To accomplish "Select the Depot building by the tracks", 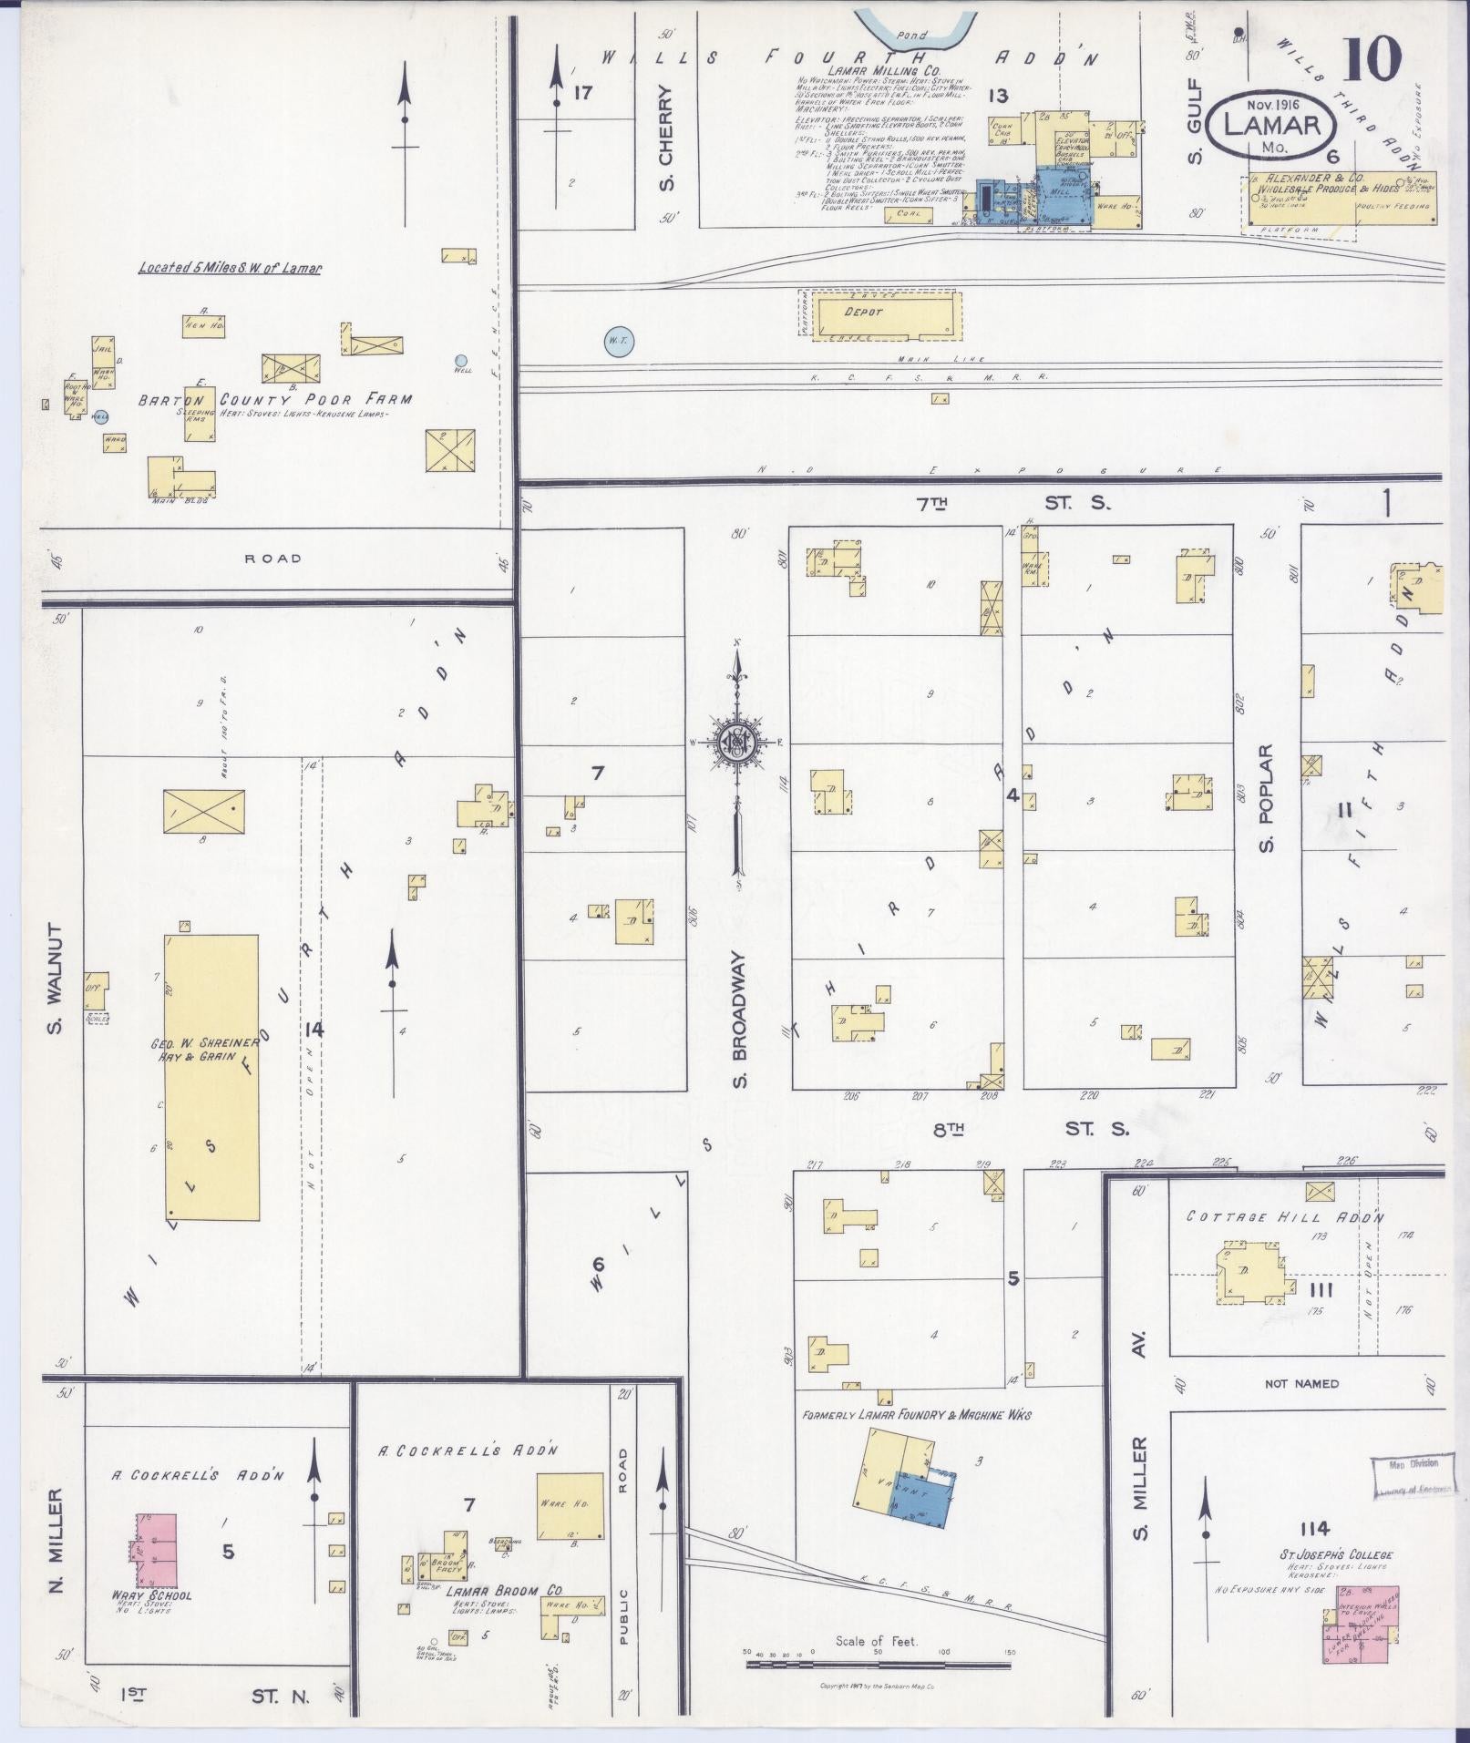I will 881,313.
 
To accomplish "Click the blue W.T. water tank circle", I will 619,340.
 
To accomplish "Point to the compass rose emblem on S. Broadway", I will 735,741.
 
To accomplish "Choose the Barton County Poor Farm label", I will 275,399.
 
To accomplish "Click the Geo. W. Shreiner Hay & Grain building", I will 211,1075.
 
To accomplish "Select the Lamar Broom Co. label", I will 503,1590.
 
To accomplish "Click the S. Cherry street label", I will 666,138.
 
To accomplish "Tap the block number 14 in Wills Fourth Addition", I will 314,1030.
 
